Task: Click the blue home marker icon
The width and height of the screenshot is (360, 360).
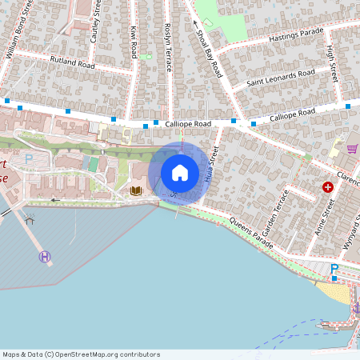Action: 180,173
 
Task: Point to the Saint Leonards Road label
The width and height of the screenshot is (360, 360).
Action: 281,78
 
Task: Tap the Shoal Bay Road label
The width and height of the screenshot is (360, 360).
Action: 208,48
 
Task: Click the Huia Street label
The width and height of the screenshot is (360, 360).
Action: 210,165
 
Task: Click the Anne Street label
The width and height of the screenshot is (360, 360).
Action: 327,216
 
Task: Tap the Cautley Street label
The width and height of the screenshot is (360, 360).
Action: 97,18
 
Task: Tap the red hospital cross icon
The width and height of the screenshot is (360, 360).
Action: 327,186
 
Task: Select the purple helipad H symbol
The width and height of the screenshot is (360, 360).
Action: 44,256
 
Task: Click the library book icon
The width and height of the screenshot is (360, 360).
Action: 136,190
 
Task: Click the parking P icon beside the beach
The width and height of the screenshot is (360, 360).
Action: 334,269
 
